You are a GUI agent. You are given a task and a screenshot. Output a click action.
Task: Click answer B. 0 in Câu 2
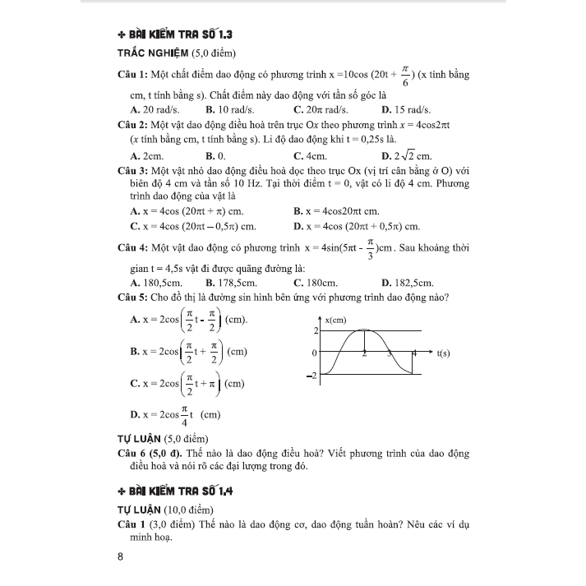[215, 155]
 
